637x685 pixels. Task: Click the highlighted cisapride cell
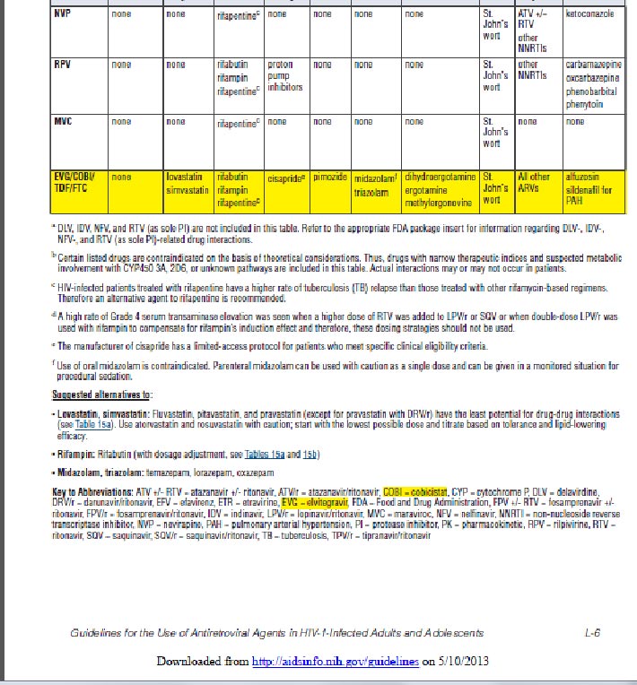pos(287,179)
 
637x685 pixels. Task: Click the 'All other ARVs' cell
pos(534,184)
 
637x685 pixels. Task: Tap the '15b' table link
pos(310,455)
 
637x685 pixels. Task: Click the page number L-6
pos(591,633)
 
